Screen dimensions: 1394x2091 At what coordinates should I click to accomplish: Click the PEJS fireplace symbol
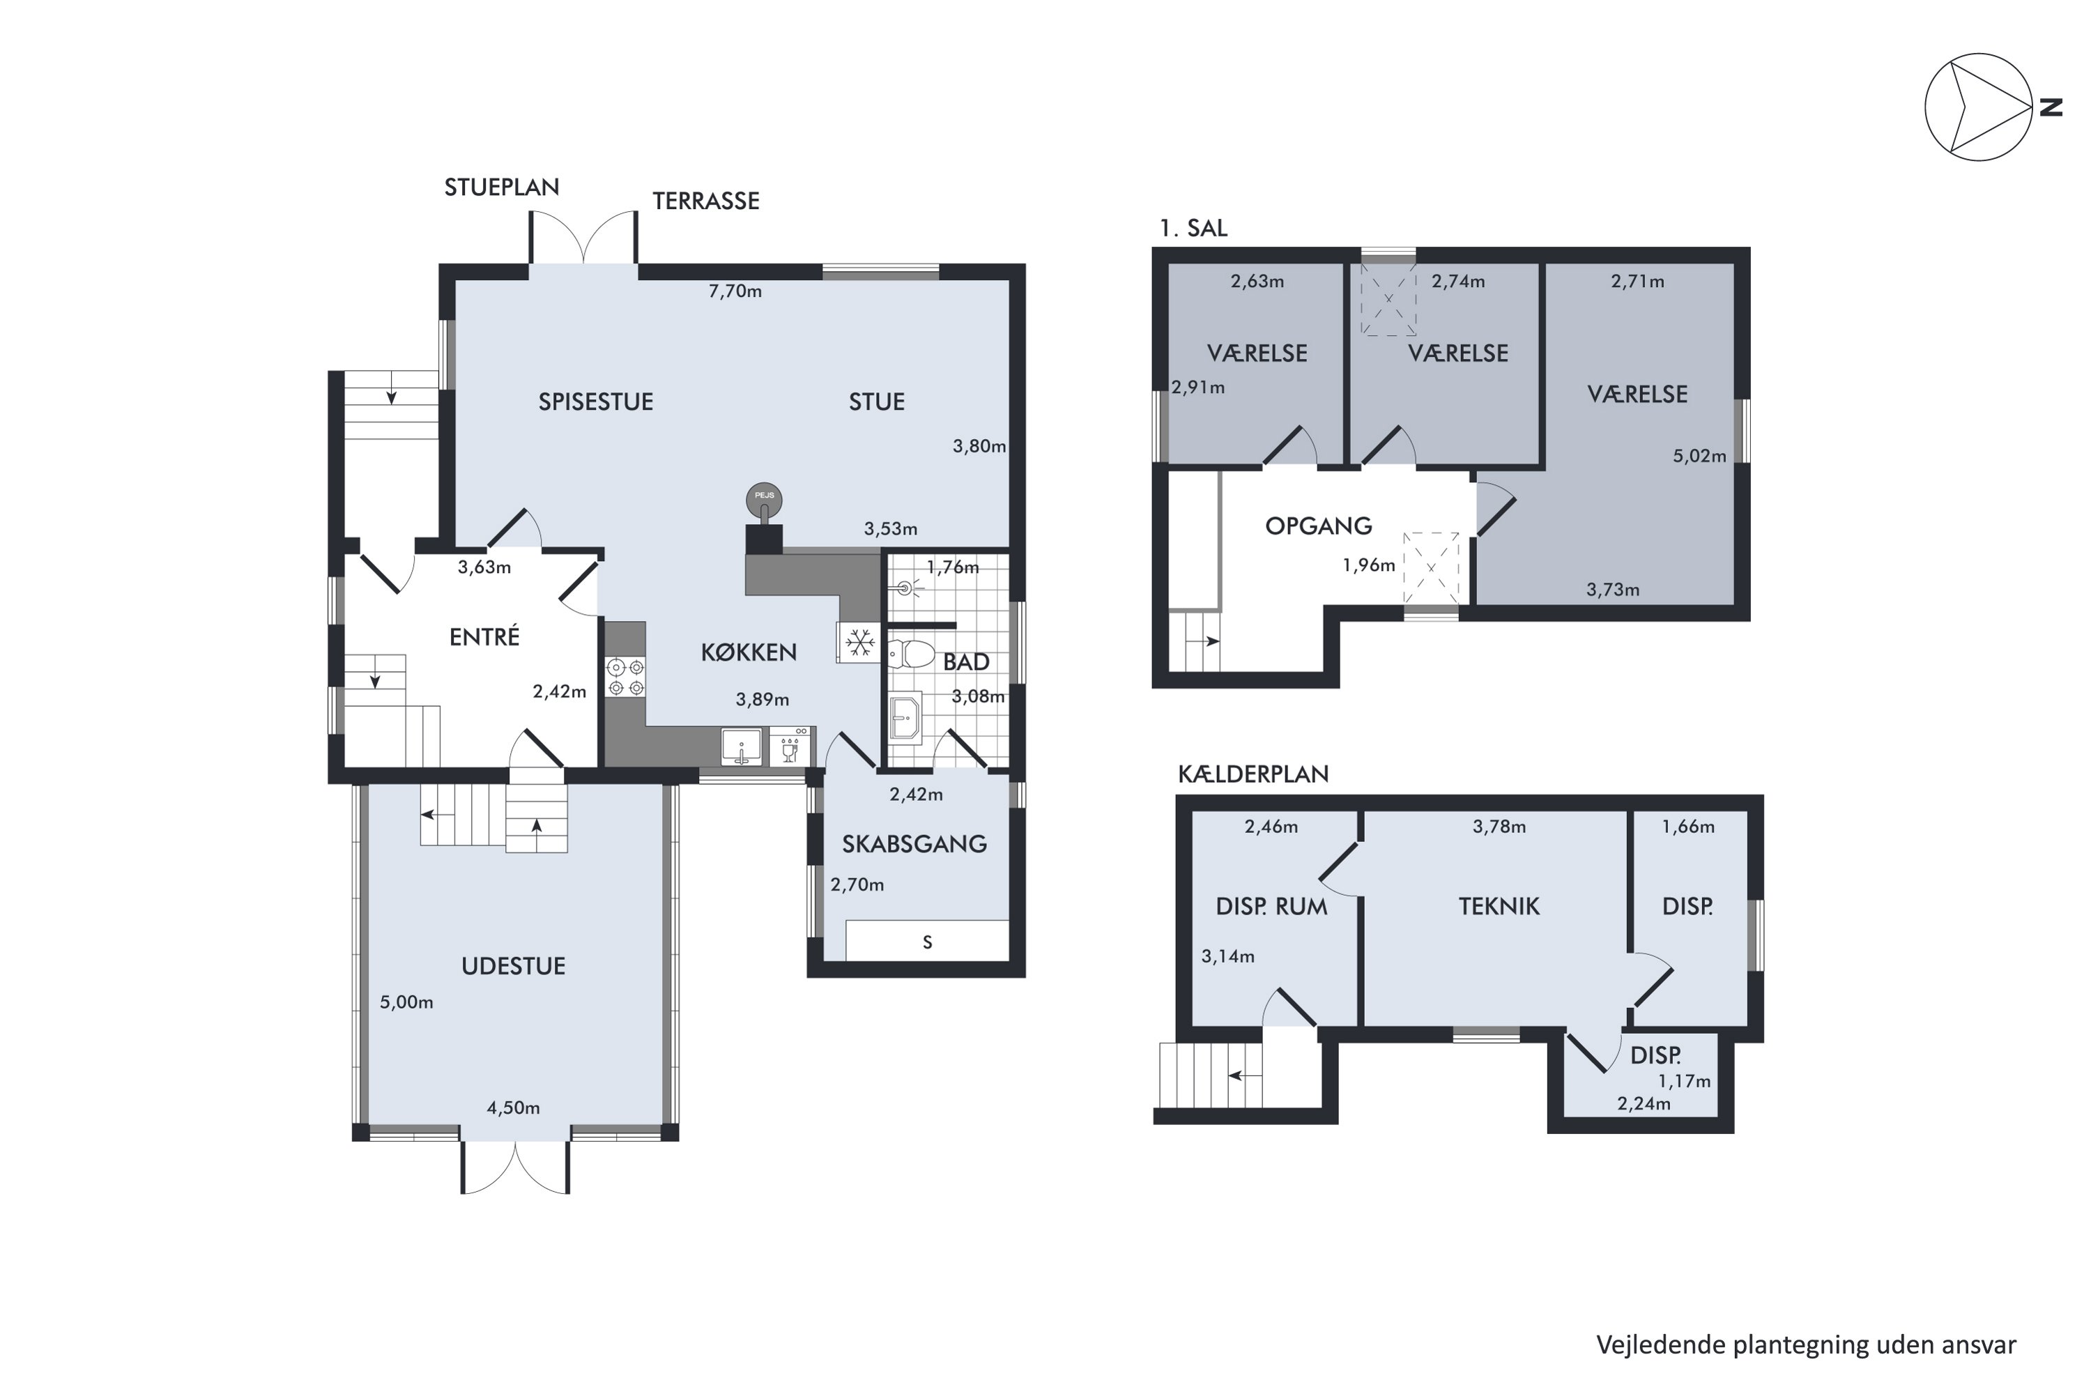[x=764, y=501]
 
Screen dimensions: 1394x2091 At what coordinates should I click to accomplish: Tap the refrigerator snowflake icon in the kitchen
[x=859, y=642]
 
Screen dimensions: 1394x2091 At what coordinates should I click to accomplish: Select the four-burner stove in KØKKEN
[x=625, y=677]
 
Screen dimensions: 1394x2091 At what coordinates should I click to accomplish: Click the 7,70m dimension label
[x=735, y=291]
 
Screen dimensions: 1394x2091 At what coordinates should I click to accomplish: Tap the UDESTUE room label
[x=513, y=966]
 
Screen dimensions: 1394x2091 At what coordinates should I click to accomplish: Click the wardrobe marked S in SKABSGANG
[x=926, y=942]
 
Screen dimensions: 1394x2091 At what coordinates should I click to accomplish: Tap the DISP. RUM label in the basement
[x=1271, y=907]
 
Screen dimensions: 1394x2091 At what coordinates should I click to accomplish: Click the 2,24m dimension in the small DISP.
[x=1643, y=1104]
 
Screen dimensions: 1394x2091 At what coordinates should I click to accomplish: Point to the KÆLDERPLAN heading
[x=1253, y=774]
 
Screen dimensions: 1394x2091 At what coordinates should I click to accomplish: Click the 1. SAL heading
[x=1193, y=229]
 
